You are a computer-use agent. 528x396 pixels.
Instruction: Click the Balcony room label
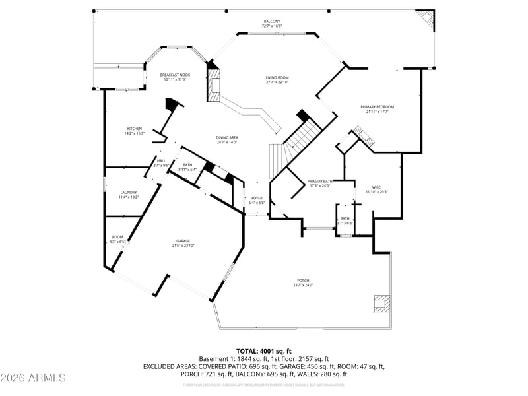point(271,21)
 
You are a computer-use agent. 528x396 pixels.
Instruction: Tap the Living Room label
point(277,77)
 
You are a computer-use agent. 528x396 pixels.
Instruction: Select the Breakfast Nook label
point(175,75)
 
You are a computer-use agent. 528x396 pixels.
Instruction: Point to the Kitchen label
point(135,129)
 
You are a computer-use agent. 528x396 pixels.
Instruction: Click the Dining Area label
point(226,137)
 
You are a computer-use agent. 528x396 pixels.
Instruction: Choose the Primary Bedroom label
point(377,107)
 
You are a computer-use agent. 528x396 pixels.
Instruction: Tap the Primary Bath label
point(320,181)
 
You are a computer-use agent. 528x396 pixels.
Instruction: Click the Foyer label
point(257,198)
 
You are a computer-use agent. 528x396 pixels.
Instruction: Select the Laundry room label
point(128,193)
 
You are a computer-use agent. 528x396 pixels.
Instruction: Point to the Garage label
point(183,241)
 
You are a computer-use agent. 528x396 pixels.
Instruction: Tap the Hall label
point(162,160)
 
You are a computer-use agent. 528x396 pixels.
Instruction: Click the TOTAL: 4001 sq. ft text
point(264,351)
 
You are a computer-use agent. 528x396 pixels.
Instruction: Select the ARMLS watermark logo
point(34,378)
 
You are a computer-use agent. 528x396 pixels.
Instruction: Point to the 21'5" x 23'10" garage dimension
point(183,246)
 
